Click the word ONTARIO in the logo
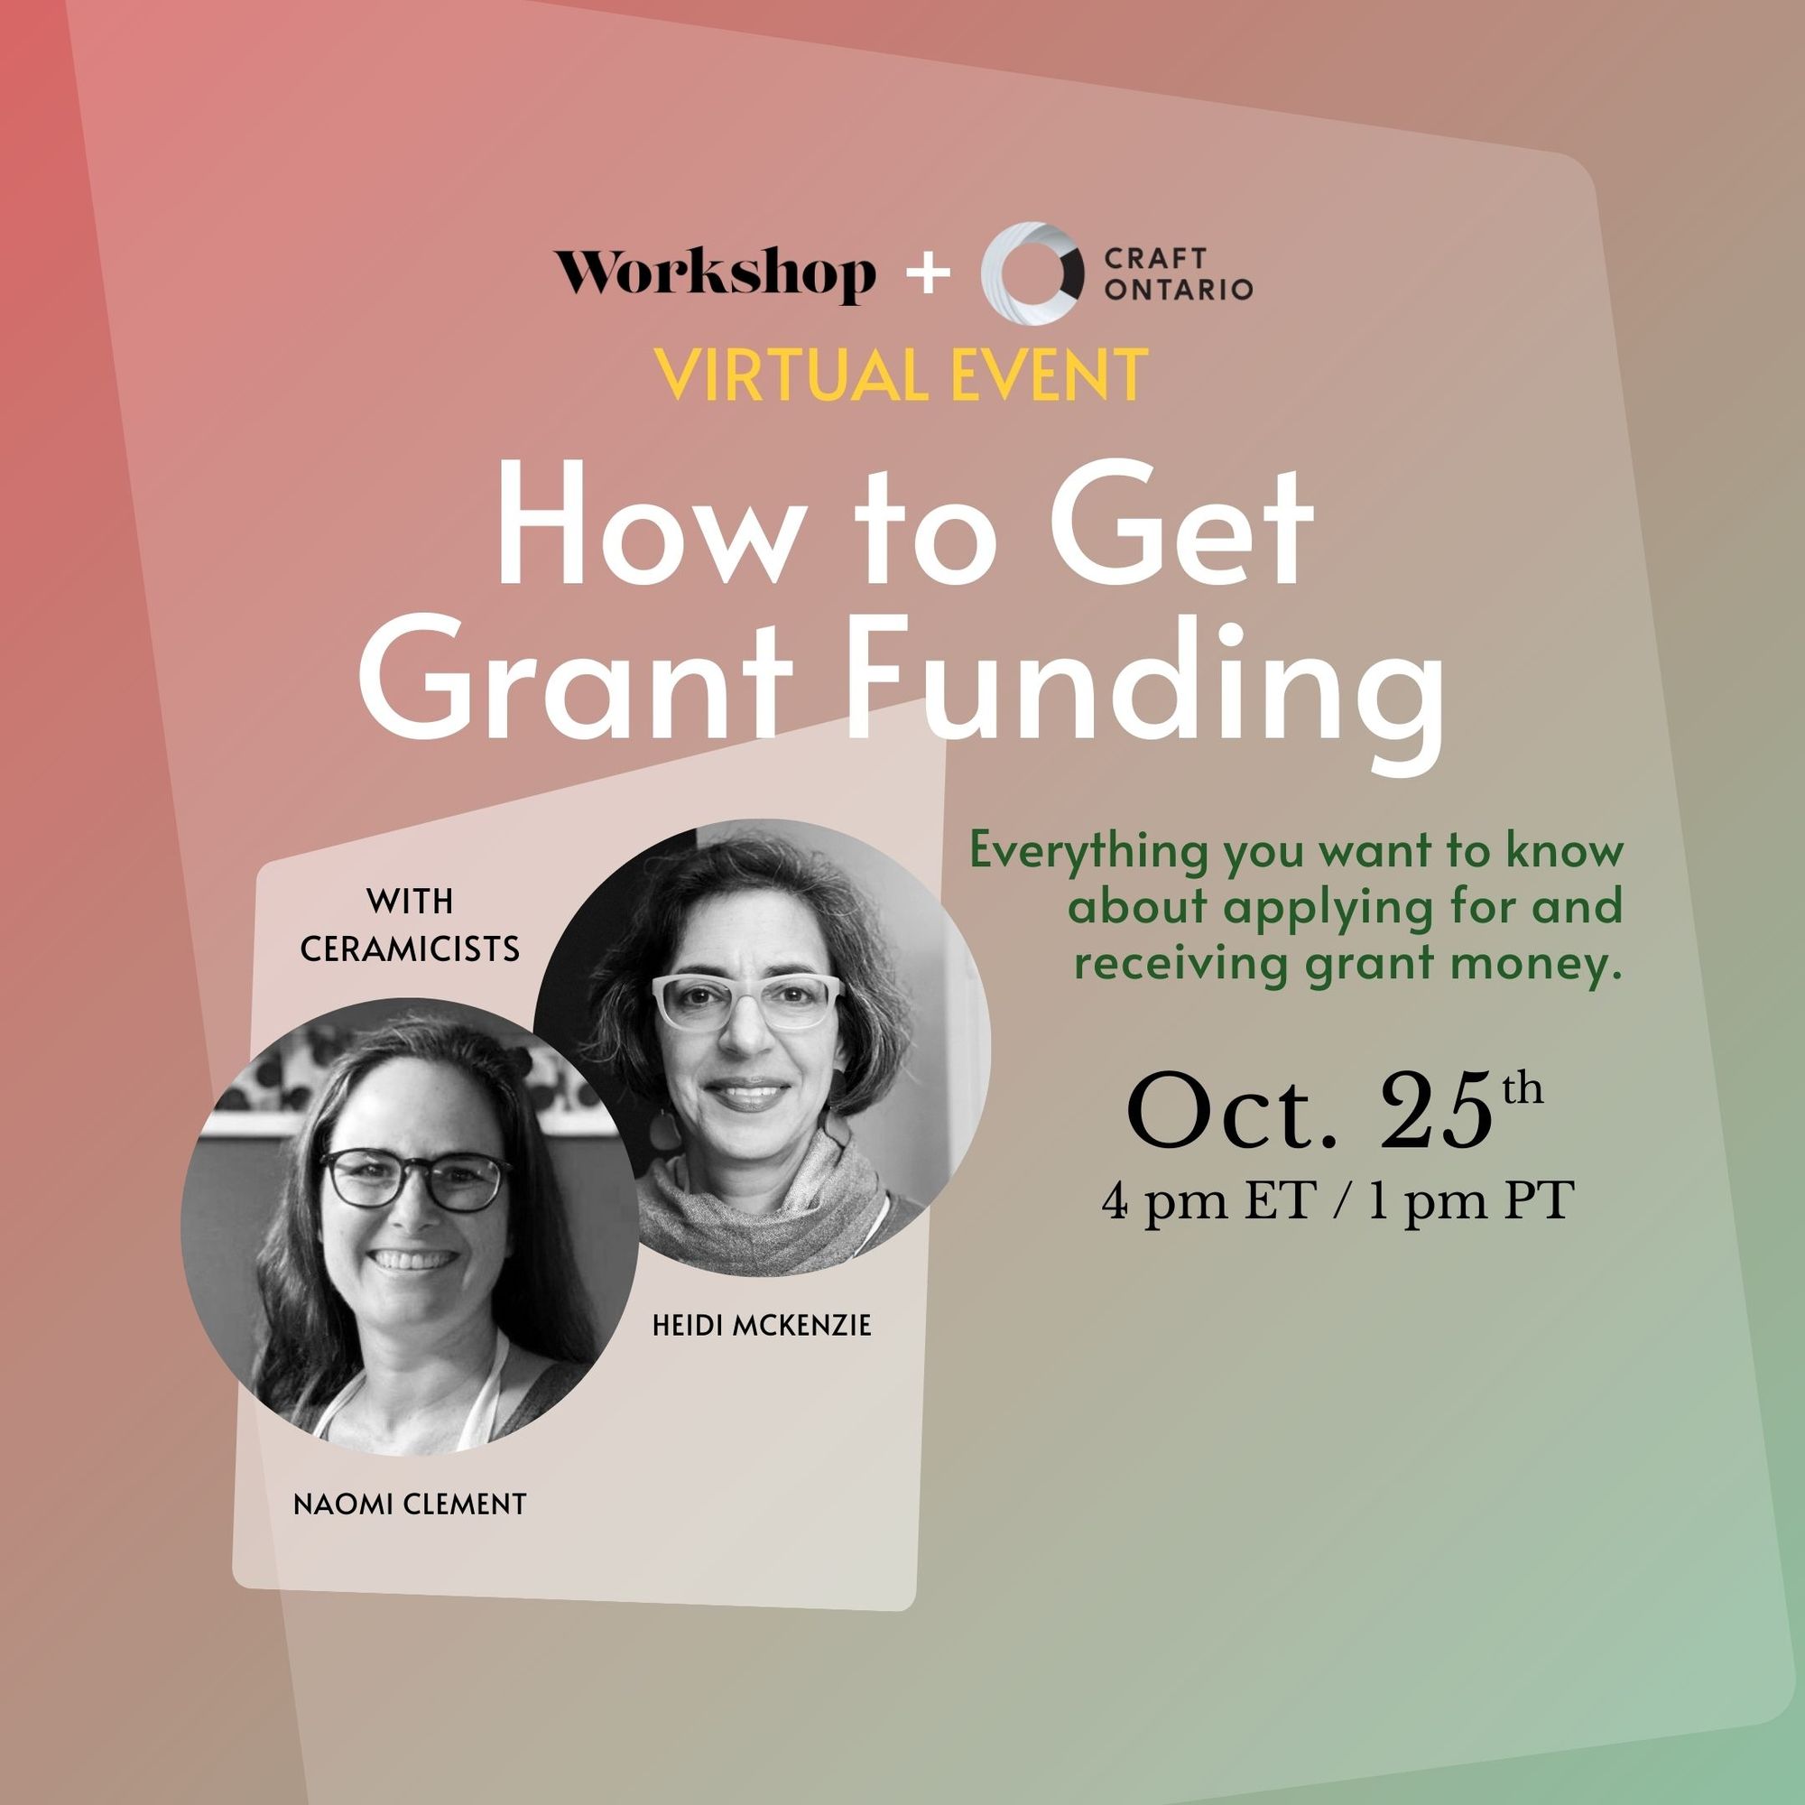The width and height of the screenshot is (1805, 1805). pos(1178,291)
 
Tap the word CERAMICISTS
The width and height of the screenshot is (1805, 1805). pos(410,949)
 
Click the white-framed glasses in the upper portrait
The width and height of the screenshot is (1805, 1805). pos(745,999)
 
